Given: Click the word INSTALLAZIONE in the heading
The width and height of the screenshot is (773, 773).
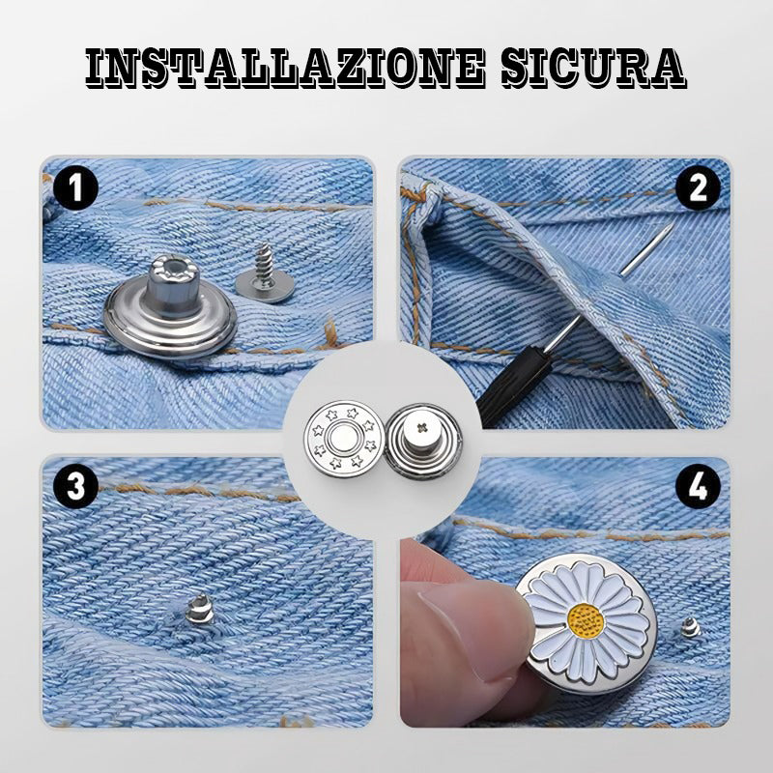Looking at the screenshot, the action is pyautogui.click(x=284, y=68).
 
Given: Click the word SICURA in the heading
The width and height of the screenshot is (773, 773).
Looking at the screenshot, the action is pyautogui.click(x=593, y=68).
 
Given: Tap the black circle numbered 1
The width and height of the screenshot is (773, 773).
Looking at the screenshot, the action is pyautogui.click(x=75, y=187).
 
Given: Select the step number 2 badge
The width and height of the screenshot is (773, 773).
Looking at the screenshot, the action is pyautogui.click(x=698, y=187).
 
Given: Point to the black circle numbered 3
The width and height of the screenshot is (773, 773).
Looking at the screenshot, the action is pyautogui.click(x=75, y=486).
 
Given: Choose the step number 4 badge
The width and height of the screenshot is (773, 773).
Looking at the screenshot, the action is pyautogui.click(x=698, y=486).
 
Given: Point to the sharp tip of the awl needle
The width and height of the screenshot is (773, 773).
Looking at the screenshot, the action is pyautogui.click(x=673, y=223).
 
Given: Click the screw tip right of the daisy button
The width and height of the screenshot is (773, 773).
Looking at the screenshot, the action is pyautogui.click(x=690, y=627).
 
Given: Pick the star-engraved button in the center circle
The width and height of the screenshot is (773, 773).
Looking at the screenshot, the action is pyautogui.click(x=344, y=439).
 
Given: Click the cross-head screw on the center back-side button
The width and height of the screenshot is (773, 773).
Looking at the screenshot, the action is pyautogui.click(x=421, y=427).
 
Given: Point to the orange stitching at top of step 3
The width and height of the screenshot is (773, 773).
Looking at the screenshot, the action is pyautogui.click(x=197, y=492).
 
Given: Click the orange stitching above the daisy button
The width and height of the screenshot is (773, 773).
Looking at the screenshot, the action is pyautogui.click(x=591, y=532).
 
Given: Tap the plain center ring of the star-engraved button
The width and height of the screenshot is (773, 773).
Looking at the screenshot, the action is pyautogui.click(x=344, y=439).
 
